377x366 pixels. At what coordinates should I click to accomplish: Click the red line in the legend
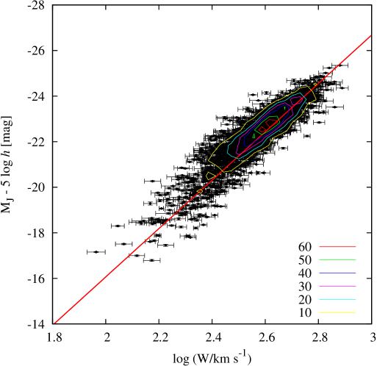pos(337,247)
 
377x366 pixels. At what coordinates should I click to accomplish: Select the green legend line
pos(337,259)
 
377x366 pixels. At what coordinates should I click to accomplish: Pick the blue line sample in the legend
pos(337,273)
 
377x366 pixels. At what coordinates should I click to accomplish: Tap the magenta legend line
pos(337,286)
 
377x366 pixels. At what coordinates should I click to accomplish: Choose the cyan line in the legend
pos(337,299)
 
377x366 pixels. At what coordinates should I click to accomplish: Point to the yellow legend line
pos(337,312)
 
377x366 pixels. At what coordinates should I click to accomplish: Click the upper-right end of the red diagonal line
pos(370,35)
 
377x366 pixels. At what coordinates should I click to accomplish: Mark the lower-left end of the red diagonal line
pos(55,323)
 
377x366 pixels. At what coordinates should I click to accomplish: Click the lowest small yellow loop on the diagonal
pos(200,191)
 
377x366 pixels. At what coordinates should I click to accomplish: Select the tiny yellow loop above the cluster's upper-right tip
pos(315,84)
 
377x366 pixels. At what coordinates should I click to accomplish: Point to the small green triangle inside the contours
pos(254,136)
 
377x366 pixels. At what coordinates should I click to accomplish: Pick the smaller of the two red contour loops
pos(262,129)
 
